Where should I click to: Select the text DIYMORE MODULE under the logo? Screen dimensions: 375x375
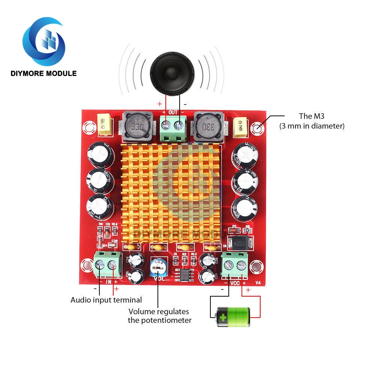point(43,73)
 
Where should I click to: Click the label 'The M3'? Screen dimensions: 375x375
point(311,117)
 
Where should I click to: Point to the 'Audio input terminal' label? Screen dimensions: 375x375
point(106,300)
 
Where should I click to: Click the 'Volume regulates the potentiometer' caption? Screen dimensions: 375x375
point(159,316)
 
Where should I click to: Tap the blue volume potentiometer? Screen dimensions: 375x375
point(158,267)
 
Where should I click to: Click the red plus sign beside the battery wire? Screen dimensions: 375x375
point(248,290)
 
